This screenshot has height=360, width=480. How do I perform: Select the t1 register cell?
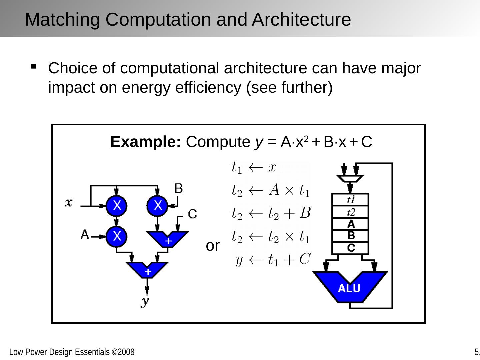tap(350, 200)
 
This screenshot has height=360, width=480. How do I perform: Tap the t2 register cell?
tap(350, 212)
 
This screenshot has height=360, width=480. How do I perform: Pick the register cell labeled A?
tap(350, 224)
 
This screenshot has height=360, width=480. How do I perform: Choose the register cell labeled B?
tap(350, 236)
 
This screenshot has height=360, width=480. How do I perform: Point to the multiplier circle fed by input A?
tap(116, 236)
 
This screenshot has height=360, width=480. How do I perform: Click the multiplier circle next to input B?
tap(157, 205)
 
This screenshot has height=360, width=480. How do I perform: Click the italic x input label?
tap(69, 202)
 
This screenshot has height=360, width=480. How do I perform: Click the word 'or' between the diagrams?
tap(213, 246)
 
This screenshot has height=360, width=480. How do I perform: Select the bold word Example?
tap(145, 142)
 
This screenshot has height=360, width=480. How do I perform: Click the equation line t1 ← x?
tap(254, 167)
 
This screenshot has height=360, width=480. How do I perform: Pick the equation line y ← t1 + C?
tap(273, 260)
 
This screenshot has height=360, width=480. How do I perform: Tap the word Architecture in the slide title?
tap(301, 19)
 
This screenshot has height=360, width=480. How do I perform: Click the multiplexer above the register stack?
tap(350, 178)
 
